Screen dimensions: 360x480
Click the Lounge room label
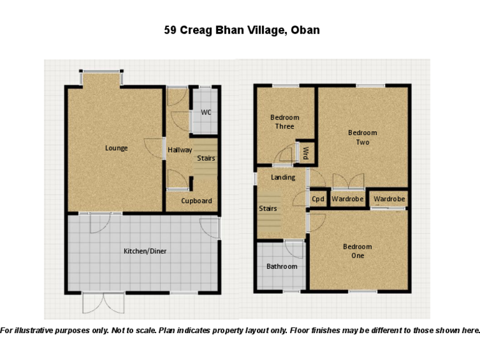click(x=116, y=148)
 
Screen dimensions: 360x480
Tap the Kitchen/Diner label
click(x=145, y=251)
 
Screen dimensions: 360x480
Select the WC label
click(x=206, y=112)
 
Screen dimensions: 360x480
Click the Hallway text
click(x=180, y=150)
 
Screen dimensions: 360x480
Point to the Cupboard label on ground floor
click(x=196, y=201)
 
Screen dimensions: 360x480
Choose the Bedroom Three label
click(x=284, y=122)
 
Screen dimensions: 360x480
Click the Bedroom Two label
click(x=362, y=137)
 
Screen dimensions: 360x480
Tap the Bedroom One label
click(x=357, y=251)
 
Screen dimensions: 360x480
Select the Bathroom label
click(x=282, y=266)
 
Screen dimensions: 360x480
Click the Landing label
click(x=282, y=177)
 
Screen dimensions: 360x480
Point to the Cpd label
click(x=318, y=199)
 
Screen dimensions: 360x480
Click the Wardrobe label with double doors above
click(x=347, y=199)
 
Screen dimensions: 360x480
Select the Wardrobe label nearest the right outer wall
click(x=389, y=199)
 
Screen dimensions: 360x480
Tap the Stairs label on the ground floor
click(x=206, y=158)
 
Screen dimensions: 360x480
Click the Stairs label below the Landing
click(x=268, y=208)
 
